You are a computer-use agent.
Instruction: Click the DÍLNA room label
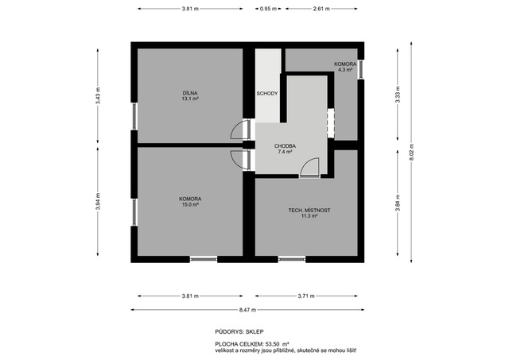190,93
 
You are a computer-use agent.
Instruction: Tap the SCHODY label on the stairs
267,94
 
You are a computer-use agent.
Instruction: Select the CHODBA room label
285,146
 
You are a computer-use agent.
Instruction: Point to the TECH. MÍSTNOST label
309,210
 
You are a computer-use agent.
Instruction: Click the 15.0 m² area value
190,205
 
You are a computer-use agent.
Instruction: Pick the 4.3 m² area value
345,70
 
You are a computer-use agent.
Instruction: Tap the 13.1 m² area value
190,99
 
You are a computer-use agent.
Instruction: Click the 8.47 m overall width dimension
247,310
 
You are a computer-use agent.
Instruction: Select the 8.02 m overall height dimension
411,152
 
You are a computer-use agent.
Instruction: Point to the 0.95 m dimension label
269,9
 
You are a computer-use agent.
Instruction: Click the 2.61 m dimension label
321,9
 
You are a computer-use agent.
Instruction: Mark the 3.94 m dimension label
98,201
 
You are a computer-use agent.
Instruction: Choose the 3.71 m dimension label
306,296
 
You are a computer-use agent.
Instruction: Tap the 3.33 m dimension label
398,95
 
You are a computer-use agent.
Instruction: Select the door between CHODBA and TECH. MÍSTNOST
310,168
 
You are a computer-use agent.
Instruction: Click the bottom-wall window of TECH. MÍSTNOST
292,259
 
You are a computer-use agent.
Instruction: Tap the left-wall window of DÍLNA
134,116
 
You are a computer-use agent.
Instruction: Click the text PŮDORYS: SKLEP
239,331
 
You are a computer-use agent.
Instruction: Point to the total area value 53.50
273,344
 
